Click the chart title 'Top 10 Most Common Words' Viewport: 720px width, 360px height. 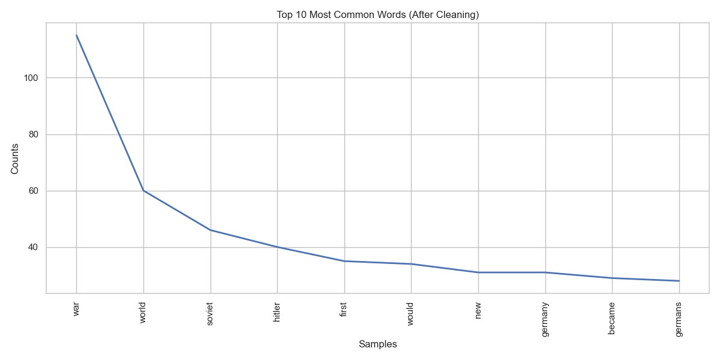(377, 14)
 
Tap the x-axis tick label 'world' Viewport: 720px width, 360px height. (143, 313)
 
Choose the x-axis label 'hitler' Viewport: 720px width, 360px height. (277, 313)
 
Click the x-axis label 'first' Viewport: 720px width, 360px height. (344, 310)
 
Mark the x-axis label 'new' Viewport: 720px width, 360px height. (478, 310)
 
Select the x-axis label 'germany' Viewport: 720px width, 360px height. (545, 319)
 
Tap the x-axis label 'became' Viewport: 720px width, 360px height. (612, 318)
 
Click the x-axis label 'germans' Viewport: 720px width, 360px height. (679, 320)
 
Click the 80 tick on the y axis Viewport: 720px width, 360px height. (34, 134)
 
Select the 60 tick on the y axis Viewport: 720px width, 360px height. (34, 191)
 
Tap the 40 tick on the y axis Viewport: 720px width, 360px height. (34, 247)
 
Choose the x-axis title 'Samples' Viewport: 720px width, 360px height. (377, 344)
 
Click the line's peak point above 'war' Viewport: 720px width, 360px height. (76, 35)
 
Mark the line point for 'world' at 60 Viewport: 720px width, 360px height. (143, 191)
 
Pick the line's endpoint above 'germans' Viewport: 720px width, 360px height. (679, 281)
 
